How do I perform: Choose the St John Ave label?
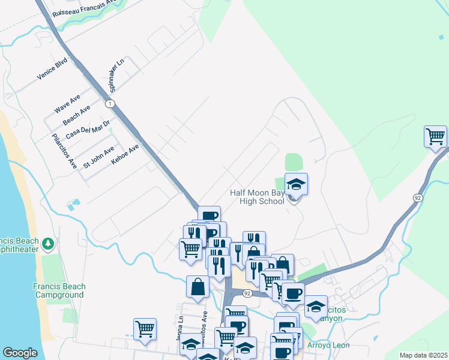pyautogui.click(x=98, y=157)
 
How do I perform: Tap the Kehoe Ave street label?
pyautogui.click(x=125, y=154)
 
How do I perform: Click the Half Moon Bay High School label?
pyautogui.click(x=257, y=197)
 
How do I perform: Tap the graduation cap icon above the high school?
pyautogui.click(x=296, y=184)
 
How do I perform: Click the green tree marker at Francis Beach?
pyautogui.click(x=49, y=244)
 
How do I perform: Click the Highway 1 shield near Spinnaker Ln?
pyautogui.click(x=110, y=104)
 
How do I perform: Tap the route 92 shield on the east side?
pyautogui.click(x=417, y=197)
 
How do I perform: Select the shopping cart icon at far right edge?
pyautogui.click(x=435, y=136)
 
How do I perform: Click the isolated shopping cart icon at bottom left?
pyautogui.click(x=145, y=329)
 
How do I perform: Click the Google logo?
pyautogui.click(x=20, y=353)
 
